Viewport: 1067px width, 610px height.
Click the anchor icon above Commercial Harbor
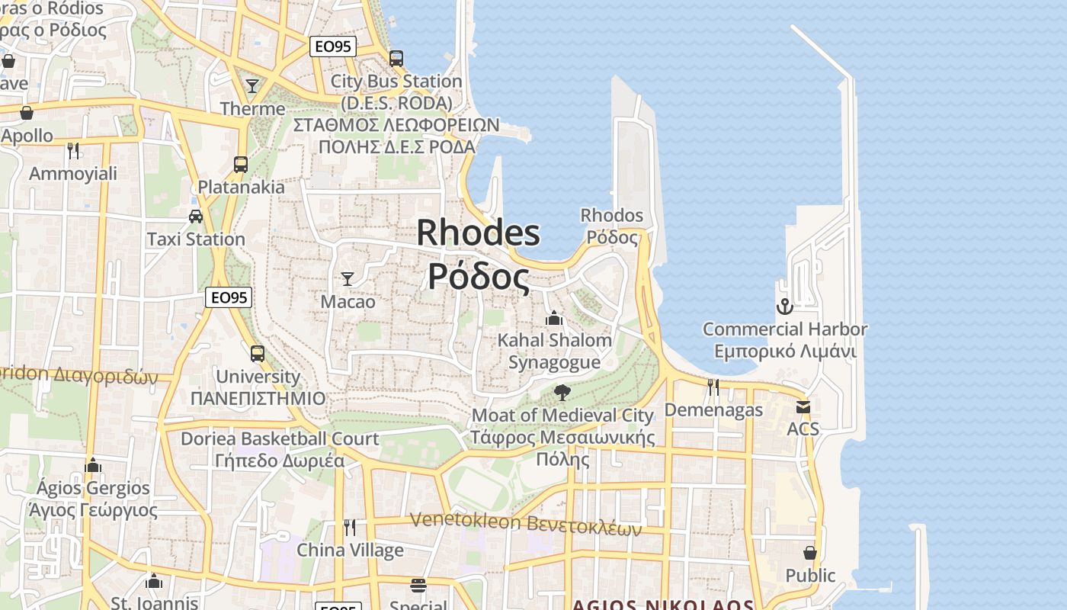(x=784, y=307)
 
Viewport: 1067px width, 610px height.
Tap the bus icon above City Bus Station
(x=396, y=58)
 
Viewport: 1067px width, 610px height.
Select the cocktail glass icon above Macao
(x=348, y=278)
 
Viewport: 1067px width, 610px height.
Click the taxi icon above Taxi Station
(x=196, y=216)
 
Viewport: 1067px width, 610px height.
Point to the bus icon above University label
(x=258, y=353)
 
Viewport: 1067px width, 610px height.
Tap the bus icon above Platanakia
(x=241, y=164)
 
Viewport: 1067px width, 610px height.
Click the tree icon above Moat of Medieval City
(x=562, y=393)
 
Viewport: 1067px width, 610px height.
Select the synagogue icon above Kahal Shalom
(x=554, y=317)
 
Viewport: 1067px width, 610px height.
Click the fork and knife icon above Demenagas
(x=713, y=387)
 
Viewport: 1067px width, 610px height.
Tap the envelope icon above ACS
(x=803, y=406)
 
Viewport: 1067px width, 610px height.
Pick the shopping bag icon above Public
(x=810, y=553)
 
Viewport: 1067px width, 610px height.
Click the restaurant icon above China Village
(x=350, y=527)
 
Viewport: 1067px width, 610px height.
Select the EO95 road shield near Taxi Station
(x=229, y=297)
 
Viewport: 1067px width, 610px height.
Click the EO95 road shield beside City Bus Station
(x=334, y=47)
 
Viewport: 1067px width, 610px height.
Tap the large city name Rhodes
(x=479, y=233)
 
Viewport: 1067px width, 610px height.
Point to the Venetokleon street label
(x=525, y=524)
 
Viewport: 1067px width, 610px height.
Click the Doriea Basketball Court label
(x=279, y=439)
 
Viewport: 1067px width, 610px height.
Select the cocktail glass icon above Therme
(x=252, y=85)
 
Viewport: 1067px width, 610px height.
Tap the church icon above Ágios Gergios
(x=93, y=465)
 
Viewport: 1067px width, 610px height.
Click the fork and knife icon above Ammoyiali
(x=73, y=150)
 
